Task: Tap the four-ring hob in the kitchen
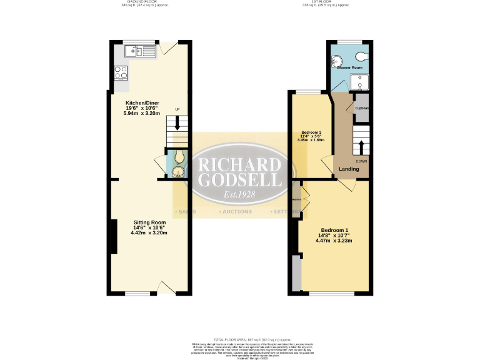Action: click(121, 73)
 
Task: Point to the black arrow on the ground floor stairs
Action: click(177, 124)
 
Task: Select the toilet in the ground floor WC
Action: click(179, 156)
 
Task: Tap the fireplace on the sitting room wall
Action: click(113, 237)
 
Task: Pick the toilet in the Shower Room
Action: click(364, 56)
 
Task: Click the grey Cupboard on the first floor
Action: click(362, 107)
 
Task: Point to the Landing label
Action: click(349, 169)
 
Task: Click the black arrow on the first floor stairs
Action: click(361, 147)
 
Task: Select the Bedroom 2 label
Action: click(311, 132)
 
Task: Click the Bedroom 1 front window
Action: click(331, 293)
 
